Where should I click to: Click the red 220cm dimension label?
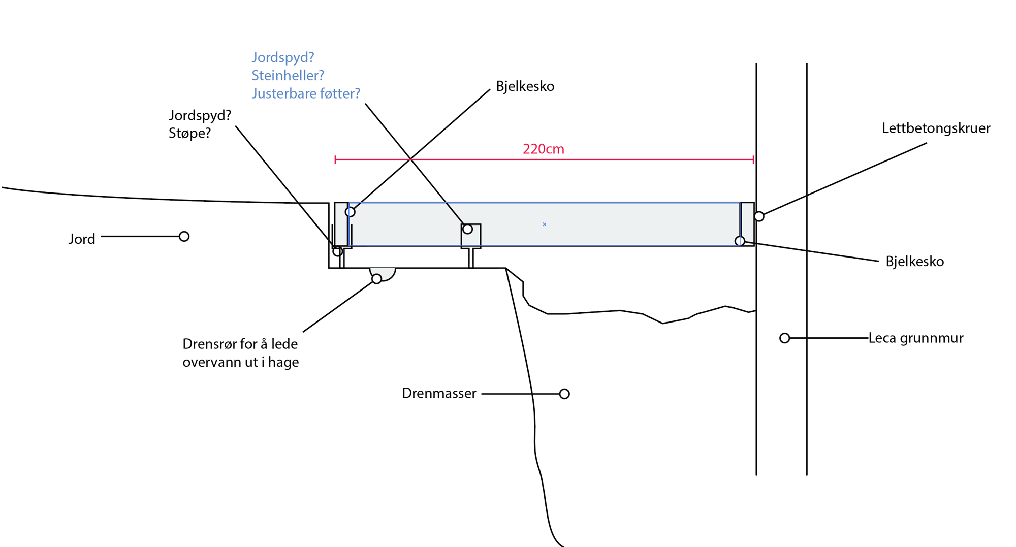pos(543,149)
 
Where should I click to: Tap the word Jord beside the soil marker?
pos(82,239)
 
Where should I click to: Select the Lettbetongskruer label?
pos(936,128)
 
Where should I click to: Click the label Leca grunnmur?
pos(915,338)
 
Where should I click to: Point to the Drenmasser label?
pos(439,394)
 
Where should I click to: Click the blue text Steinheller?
pos(288,76)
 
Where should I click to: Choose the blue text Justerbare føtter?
pos(306,94)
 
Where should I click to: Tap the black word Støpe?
pos(189,134)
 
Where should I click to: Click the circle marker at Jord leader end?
pos(184,237)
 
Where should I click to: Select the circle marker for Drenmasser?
pos(564,394)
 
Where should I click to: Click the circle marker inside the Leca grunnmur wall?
pos(785,338)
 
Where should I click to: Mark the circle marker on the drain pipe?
pos(376,279)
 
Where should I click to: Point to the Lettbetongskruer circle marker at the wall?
pos(759,216)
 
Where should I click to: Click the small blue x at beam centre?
pos(544,224)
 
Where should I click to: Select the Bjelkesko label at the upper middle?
pos(525,87)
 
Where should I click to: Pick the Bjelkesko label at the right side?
pos(914,262)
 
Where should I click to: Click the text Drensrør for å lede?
pos(240,344)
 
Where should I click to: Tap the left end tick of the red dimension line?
pos(335,160)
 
